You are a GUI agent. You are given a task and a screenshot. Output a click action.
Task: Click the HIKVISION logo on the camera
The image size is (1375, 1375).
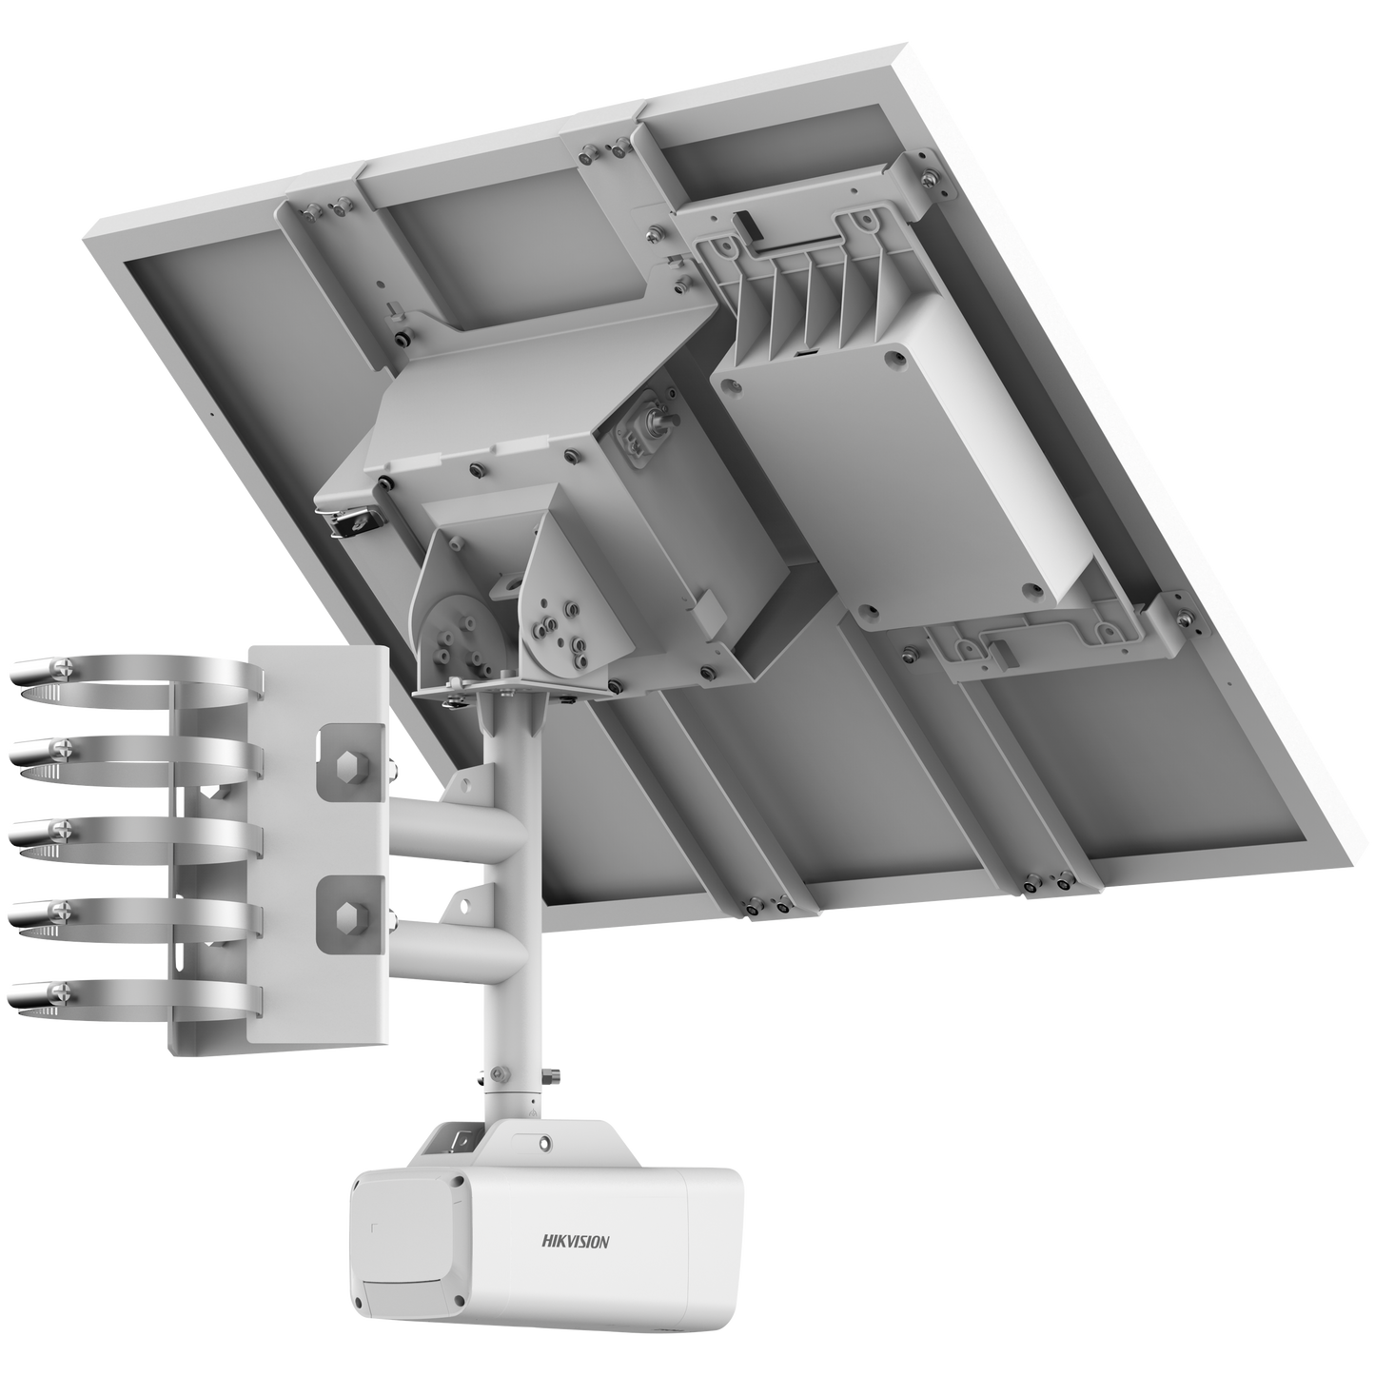point(576,1240)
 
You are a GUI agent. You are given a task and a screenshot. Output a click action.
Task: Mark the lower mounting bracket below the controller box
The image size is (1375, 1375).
point(1037,633)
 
